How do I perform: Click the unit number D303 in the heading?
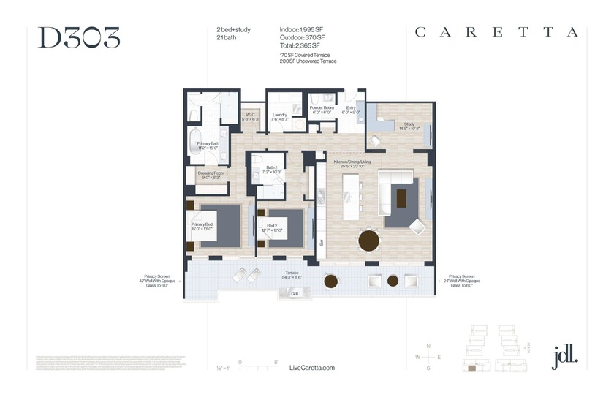pyautogui.click(x=79, y=37)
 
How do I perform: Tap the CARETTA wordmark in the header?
pyautogui.click(x=497, y=32)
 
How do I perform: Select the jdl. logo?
pyautogui.click(x=565, y=355)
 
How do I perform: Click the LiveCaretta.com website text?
pyautogui.click(x=312, y=367)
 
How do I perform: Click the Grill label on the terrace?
pyautogui.click(x=295, y=293)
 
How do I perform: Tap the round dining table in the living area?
pyautogui.click(x=369, y=240)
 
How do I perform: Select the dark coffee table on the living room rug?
pyautogui.click(x=401, y=197)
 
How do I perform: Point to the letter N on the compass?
pyautogui.click(x=428, y=345)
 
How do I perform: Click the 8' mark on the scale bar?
pyautogui.click(x=276, y=361)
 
